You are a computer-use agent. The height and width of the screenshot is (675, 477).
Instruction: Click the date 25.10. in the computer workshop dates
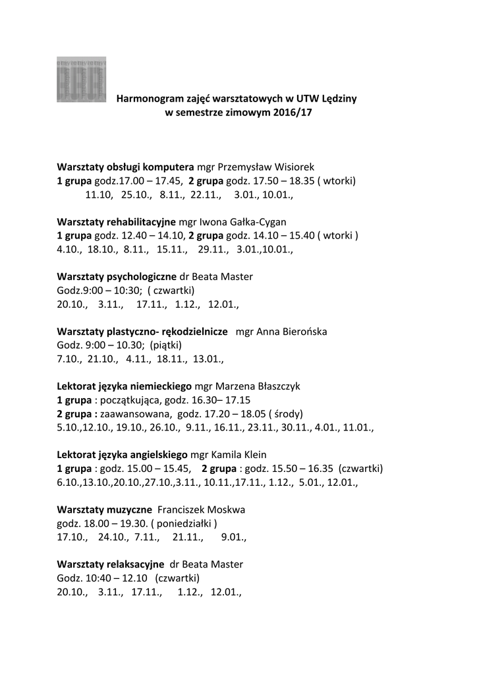135,195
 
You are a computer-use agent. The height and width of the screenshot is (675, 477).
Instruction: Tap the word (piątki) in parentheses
165,345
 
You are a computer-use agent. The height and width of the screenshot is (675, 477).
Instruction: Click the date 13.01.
207,360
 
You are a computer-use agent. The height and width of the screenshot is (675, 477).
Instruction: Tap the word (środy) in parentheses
287,415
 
